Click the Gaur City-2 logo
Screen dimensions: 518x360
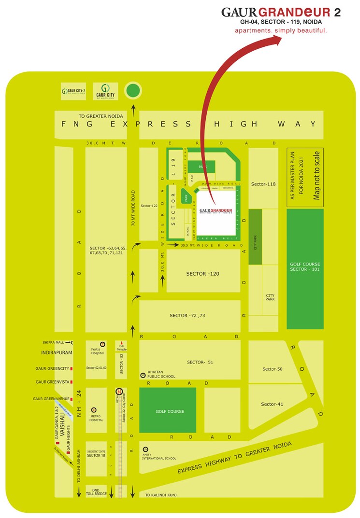pyautogui.click(x=73, y=91)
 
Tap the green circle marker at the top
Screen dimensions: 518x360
pyautogui.click(x=133, y=91)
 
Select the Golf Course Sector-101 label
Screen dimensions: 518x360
pyautogui.click(x=305, y=267)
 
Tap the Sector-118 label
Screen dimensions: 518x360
pyautogui.click(x=263, y=184)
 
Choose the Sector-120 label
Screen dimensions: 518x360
pyautogui.click(x=203, y=274)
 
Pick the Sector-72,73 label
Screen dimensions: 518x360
pyautogui.click(x=187, y=315)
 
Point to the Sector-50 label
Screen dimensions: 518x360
pyautogui.click(x=273, y=369)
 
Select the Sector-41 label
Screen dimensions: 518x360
pyautogui.click(x=272, y=404)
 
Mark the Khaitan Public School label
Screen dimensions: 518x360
pyautogui.click(x=161, y=374)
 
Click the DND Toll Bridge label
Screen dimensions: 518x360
pyautogui.click(x=98, y=491)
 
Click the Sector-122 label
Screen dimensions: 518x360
pyautogui.click(x=149, y=206)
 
